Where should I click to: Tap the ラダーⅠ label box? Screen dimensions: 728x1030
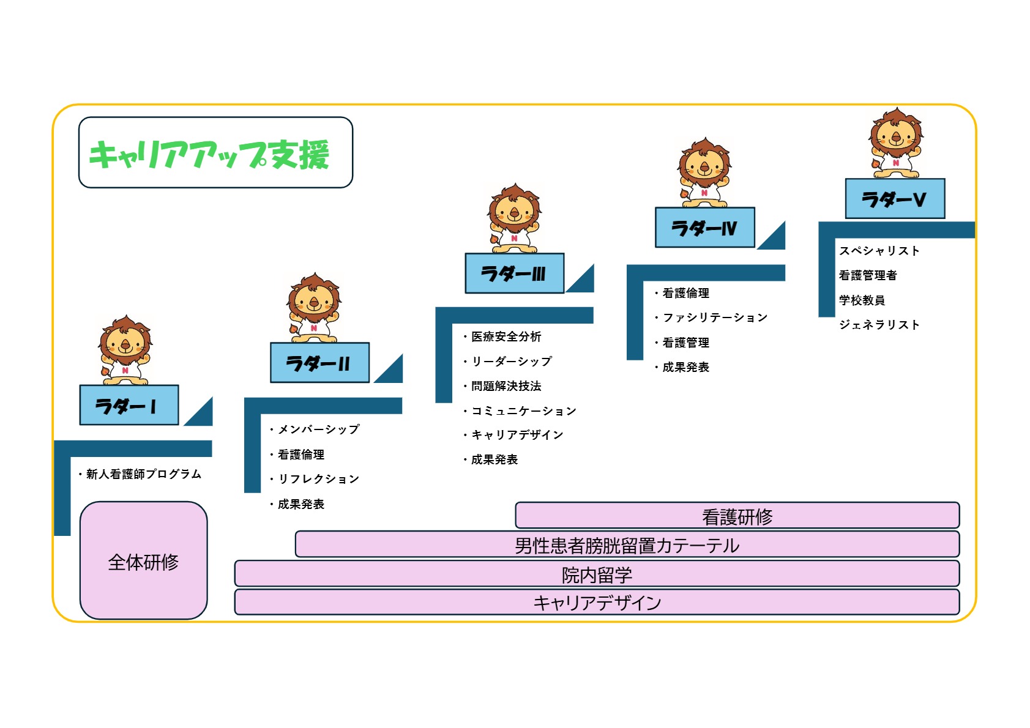tap(129, 405)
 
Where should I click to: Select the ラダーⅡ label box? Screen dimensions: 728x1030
tap(319, 363)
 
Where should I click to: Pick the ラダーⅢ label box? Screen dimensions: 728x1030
tap(514, 273)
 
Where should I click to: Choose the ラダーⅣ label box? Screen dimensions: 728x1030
tap(704, 228)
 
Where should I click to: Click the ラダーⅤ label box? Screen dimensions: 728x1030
tap(895, 199)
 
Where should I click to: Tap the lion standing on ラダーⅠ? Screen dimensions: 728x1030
tap(125, 351)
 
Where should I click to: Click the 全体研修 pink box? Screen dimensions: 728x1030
tap(144, 561)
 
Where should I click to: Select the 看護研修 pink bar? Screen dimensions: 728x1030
tap(737, 516)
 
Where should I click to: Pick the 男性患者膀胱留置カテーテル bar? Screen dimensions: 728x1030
tap(627, 544)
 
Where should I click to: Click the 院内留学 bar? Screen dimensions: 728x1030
tap(597, 574)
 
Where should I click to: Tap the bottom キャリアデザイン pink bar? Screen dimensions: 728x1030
tap(597, 603)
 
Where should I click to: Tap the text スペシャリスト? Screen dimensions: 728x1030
tap(879, 251)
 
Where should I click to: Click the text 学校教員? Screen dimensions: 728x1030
tap(862, 300)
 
